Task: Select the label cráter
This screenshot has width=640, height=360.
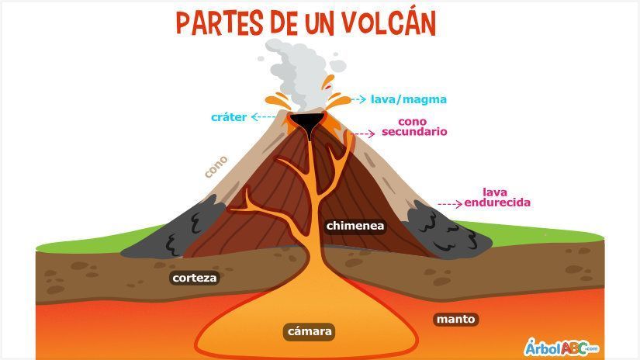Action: [229, 117]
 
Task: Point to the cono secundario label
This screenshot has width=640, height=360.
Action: [414, 126]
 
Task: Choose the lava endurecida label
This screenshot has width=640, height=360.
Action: [497, 197]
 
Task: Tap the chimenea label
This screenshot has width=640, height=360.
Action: [355, 226]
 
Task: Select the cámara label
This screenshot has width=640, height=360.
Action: [310, 331]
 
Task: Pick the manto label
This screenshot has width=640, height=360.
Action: [455, 319]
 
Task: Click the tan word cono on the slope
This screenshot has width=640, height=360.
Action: [216, 166]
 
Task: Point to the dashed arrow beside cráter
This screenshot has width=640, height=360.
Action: [264, 117]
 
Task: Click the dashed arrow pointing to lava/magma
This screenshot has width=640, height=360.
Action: [358, 99]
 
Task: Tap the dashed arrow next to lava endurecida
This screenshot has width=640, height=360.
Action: [450, 203]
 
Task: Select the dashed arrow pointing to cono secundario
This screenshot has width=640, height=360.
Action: [363, 133]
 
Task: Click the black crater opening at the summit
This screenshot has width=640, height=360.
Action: [307, 123]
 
